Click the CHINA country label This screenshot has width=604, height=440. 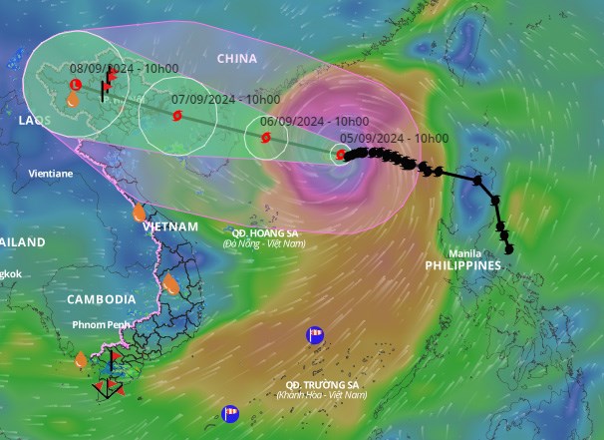(237, 59)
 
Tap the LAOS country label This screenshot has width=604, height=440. (34, 120)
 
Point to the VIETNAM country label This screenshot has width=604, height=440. (170, 226)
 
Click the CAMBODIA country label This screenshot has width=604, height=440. (102, 299)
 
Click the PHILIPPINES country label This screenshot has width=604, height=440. (462, 266)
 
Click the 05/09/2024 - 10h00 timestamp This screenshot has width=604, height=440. (395, 139)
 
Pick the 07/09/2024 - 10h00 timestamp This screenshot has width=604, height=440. (225, 100)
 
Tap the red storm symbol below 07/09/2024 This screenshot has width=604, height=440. (177, 116)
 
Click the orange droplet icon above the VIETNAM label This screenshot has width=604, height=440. (140, 213)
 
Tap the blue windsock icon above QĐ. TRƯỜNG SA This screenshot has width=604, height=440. (315, 334)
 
